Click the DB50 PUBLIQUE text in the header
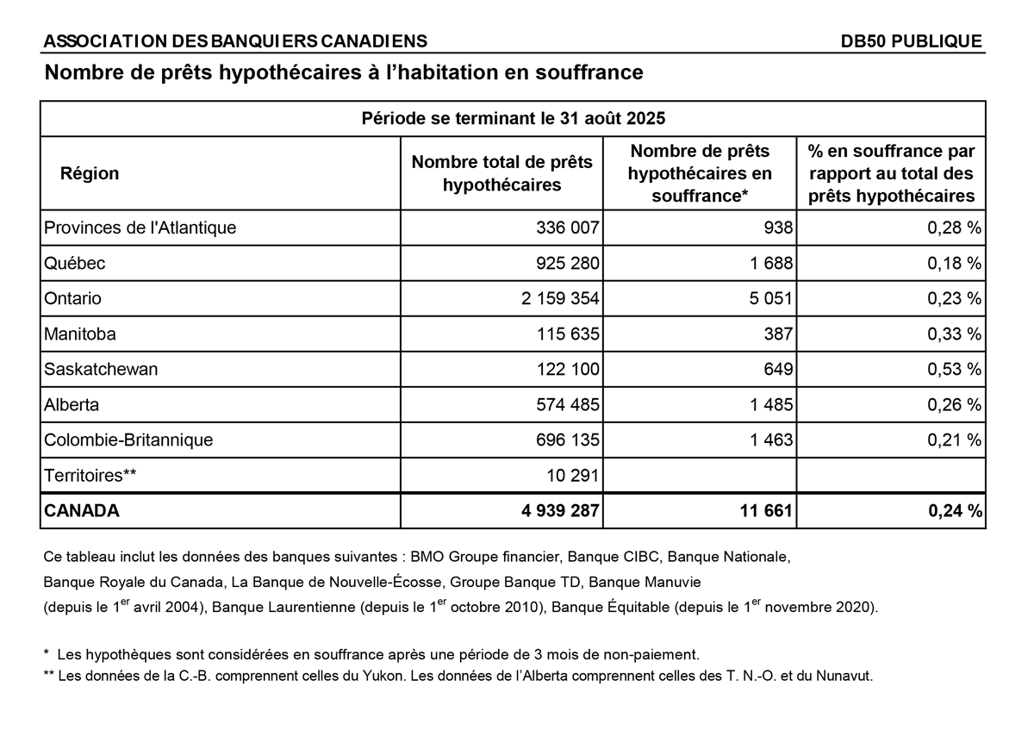912,41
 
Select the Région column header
90,173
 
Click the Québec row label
74,263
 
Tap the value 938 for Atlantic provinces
777,228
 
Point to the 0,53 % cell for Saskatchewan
954,369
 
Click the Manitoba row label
79,334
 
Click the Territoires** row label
90,475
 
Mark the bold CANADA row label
81,510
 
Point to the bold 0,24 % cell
955,510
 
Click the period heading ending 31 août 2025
513,118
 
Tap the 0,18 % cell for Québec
954,263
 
